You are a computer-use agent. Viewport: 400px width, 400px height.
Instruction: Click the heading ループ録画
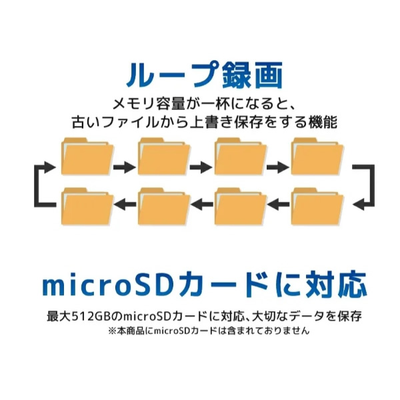[205, 75]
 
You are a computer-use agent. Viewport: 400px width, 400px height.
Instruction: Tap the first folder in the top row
[87, 157]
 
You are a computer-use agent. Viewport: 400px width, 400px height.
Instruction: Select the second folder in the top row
[164, 157]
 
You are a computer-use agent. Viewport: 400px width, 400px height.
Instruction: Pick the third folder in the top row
[241, 157]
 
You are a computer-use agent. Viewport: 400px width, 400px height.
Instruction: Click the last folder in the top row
[317, 157]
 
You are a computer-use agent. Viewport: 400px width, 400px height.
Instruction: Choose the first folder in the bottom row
[87, 207]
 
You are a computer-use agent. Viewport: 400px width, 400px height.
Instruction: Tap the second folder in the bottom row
[164, 207]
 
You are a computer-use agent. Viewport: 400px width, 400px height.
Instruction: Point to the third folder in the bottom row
[241, 207]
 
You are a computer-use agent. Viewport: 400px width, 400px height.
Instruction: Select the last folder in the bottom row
[317, 207]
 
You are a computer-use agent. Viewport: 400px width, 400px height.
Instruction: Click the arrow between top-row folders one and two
[125, 167]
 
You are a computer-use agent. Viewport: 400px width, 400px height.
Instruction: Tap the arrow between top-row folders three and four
[278, 167]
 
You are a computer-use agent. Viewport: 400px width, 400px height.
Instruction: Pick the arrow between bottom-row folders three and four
[278, 205]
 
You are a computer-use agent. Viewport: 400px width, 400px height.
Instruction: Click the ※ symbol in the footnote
[113, 331]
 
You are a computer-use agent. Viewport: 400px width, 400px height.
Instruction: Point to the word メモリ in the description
[133, 104]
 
